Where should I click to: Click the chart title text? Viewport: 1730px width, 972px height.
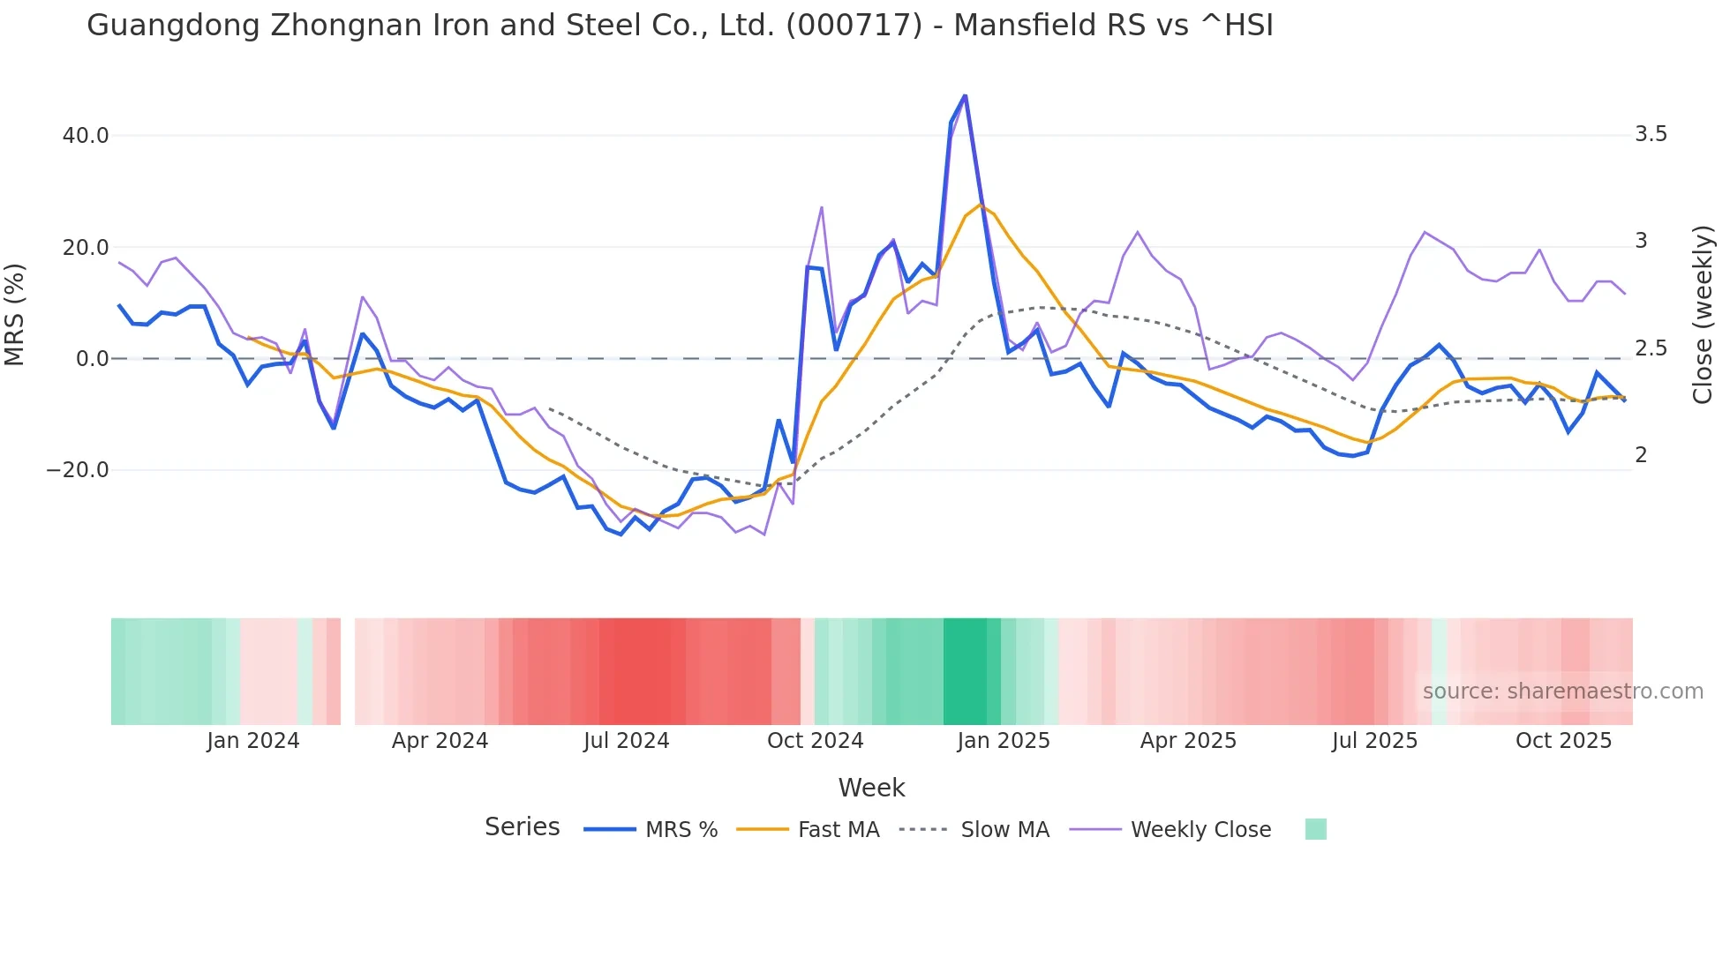tap(680, 26)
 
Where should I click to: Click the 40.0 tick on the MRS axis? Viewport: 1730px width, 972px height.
tap(86, 136)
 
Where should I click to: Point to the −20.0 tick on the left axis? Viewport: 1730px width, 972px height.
tap(78, 470)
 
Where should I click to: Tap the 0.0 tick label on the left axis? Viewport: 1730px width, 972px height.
tap(92, 359)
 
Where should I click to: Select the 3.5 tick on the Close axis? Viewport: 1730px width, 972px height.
tap(1651, 134)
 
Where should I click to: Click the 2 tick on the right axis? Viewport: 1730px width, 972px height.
tap(1641, 455)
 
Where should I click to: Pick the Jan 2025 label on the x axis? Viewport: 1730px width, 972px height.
tap(1004, 741)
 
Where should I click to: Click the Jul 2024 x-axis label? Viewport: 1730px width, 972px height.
tap(627, 741)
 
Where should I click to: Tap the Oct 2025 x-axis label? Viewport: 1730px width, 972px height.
tap(1563, 741)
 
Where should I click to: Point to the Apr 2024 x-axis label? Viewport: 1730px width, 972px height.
tap(440, 741)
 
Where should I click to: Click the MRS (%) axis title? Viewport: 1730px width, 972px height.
tap(15, 314)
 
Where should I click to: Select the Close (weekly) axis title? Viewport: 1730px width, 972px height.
tap(1703, 314)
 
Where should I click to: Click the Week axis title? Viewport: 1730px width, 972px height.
tap(871, 788)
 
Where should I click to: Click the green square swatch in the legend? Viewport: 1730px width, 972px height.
tap(1315, 829)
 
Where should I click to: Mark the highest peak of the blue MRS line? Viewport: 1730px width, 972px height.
tap(965, 95)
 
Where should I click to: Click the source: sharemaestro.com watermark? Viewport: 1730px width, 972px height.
tap(1562, 692)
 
